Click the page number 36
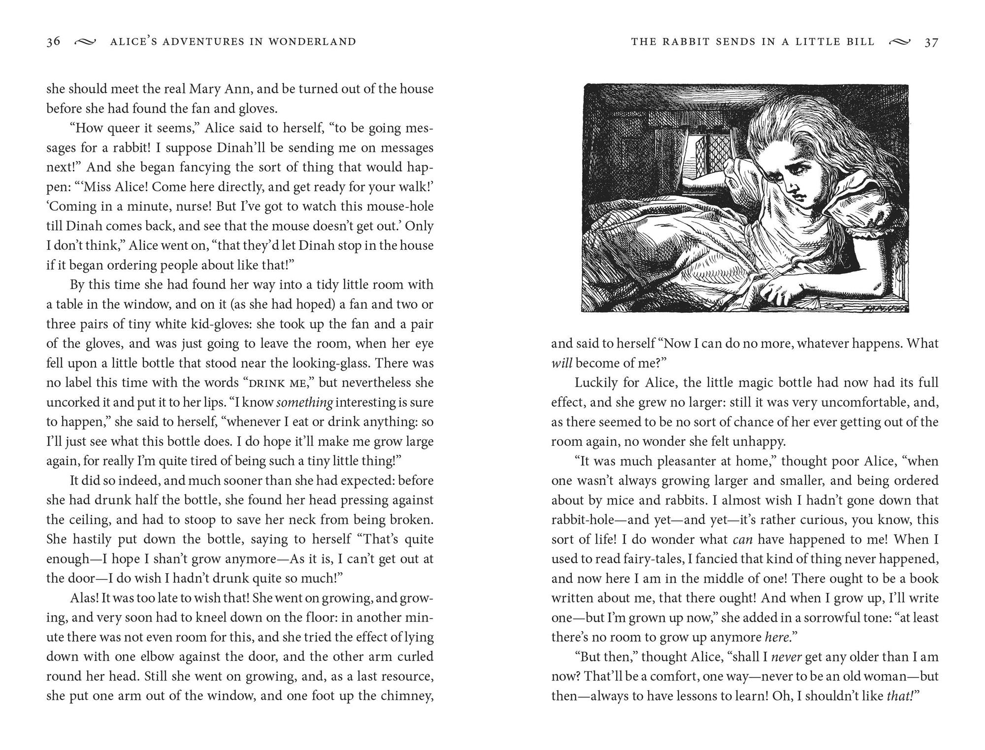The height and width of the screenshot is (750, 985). pyautogui.click(x=53, y=41)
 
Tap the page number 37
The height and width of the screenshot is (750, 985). pyautogui.click(x=931, y=42)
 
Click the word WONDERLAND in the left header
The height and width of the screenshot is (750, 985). pyautogui.click(x=312, y=42)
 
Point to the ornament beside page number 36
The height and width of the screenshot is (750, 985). pyautogui.click(x=84, y=42)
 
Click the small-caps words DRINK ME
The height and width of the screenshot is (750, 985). pyautogui.click(x=279, y=383)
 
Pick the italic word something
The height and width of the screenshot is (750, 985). pyautogui.click(x=305, y=402)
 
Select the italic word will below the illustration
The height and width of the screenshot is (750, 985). pyautogui.click(x=561, y=363)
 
